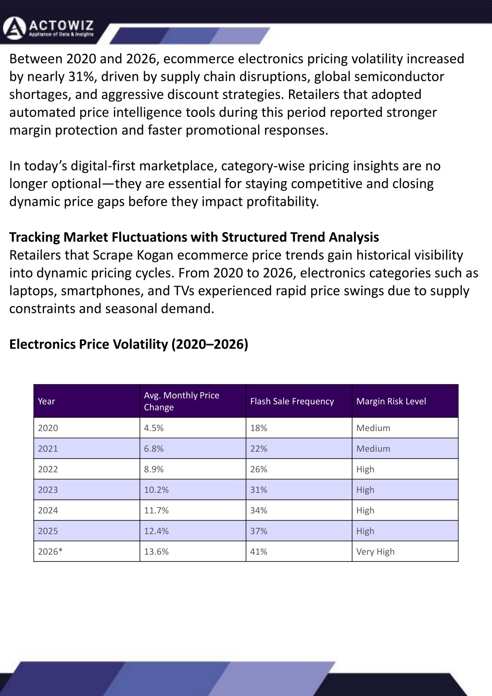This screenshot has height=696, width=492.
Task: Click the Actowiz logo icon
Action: (x=14, y=28)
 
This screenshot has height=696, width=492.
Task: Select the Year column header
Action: (x=46, y=401)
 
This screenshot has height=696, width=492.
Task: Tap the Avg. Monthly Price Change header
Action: (x=181, y=401)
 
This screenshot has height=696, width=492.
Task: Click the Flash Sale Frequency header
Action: (x=292, y=401)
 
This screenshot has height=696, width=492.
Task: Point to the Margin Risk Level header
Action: (x=391, y=401)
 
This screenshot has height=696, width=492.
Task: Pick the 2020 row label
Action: (x=48, y=428)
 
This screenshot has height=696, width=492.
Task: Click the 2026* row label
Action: (x=50, y=551)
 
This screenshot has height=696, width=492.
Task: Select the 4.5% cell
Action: (x=153, y=428)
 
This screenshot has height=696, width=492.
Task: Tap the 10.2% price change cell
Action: (x=156, y=490)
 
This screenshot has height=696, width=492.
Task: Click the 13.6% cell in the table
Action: (x=156, y=551)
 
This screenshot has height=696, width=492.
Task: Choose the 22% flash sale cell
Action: (x=259, y=448)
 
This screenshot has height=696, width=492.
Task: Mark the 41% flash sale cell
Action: (x=259, y=551)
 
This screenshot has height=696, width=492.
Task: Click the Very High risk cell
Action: (x=375, y=552)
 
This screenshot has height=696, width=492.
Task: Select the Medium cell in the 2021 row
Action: (x=373, y=448)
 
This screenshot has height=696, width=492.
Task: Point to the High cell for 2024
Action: (x=365, y=510)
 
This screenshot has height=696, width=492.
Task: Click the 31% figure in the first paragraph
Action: (x=81, y=76)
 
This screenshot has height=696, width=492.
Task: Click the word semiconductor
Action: (x=399, y=76)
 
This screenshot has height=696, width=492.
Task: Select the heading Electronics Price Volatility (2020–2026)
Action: (x=129, y=344)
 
